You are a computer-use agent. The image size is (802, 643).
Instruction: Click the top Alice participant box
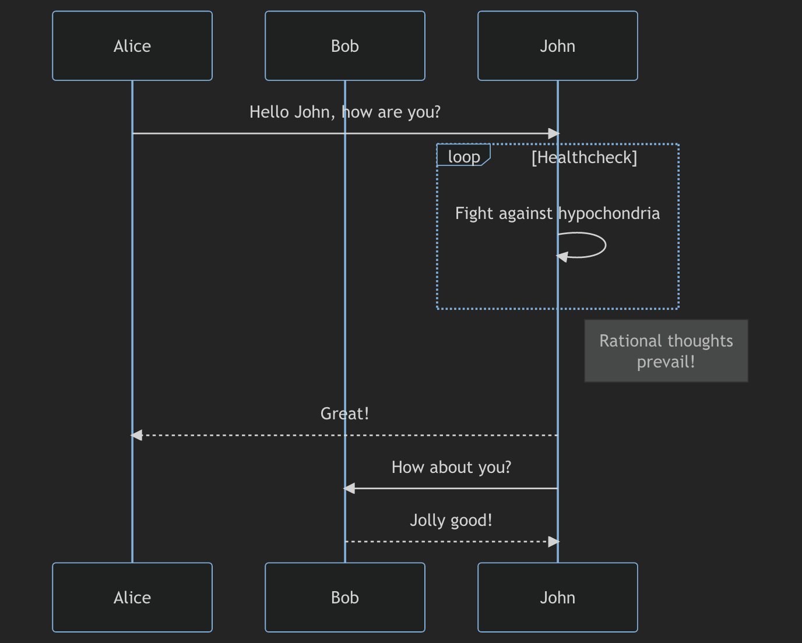pos(132,46)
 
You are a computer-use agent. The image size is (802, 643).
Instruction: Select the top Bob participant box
pos(344,46)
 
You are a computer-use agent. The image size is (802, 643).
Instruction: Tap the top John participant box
pos(557,46)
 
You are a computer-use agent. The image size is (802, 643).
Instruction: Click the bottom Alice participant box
pos(132,598)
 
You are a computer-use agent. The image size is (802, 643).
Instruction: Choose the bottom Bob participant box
pos(344,598)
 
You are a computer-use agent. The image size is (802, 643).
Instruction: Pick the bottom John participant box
pos(557,598)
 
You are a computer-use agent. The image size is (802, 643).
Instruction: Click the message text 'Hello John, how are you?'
pos(344,112)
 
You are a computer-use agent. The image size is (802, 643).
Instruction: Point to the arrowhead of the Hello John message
pos(554,134)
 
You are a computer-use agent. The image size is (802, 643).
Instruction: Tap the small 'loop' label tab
pos(463,156)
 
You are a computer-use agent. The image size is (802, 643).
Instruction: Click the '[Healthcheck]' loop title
pos(584,157)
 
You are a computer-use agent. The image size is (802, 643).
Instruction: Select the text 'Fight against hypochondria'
pos(557,213)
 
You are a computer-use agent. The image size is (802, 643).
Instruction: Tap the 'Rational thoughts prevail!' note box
pos(666,351)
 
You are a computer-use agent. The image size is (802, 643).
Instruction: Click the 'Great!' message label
pos(344,414)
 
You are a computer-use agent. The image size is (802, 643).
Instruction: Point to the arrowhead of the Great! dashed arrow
pos(136,435)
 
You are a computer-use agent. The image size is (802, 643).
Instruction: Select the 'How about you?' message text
pos(451,467)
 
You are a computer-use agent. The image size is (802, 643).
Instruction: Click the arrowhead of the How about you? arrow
pos(349,489)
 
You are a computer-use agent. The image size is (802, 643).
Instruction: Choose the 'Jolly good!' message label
pos(451,520)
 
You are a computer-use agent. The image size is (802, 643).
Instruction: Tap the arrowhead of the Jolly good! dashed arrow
pos(554,542)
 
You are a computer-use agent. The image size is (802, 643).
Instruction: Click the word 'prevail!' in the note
pos(666,362)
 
